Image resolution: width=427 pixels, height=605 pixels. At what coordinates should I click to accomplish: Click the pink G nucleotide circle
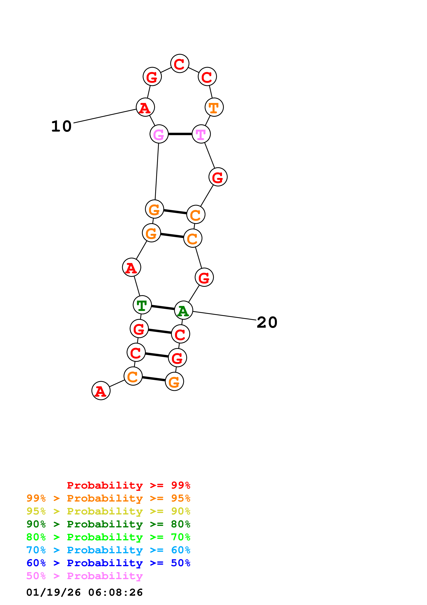click(x=159, y=134)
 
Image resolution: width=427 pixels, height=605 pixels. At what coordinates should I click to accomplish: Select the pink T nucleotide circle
click(x=201, y=134)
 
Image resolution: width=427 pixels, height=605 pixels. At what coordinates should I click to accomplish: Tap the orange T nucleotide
click(x=214, y=107)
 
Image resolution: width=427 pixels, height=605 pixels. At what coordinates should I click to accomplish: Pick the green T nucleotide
click(x=142, y=305)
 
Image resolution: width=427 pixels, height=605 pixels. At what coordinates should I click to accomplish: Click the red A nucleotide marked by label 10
click(x=145, y=107)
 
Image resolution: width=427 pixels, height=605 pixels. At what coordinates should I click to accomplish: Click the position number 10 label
click(x=61, y=126)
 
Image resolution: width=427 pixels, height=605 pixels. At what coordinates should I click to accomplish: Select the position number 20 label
click(x=267, y=322)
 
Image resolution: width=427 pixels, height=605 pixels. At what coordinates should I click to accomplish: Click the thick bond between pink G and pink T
click(x=180, y=134)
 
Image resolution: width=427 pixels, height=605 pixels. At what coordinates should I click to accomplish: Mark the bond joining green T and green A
click(x=163, y=308)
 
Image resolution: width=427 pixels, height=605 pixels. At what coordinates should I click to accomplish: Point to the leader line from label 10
click(x=105, y=116)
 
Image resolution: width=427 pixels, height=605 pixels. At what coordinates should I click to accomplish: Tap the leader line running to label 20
click(x=224, y=316)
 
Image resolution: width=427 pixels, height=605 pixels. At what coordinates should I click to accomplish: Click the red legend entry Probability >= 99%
click(x=128, y=485)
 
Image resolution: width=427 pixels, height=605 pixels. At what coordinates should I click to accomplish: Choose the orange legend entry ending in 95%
click(x=108, y=498)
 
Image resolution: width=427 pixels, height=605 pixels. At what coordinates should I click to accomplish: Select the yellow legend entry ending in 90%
click(x=108, y=511)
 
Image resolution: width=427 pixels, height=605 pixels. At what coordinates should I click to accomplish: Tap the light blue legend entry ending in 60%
click(x=108, y=550)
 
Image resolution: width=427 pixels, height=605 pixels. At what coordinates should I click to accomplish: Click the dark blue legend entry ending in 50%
click(x=108, y=563)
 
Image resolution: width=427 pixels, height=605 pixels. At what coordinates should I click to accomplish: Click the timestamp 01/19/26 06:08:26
click(x=84, y=592)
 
